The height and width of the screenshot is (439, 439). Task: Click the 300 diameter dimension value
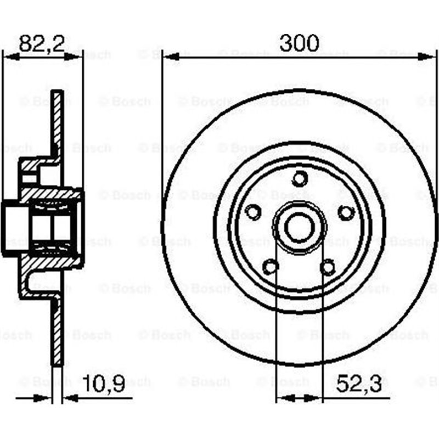pos(299,43)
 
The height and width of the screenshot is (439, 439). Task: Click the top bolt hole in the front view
pos(300,178)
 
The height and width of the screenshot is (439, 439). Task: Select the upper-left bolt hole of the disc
pos(253,212)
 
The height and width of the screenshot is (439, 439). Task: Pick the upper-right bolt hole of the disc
pos(346,212)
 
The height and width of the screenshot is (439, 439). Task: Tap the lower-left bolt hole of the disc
pos(271,267)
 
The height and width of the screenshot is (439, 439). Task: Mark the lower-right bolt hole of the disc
pos(328,267)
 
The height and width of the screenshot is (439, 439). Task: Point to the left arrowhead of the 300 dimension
pos(167,57)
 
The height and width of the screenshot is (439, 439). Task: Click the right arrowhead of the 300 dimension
pos(431,57)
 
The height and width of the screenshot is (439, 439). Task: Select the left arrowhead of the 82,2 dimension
pos(8,57)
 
